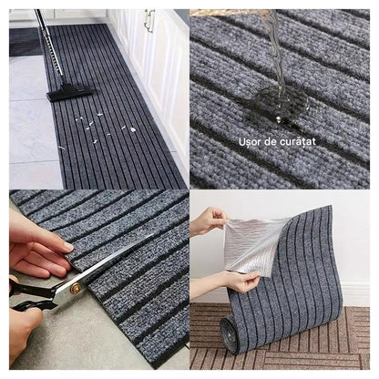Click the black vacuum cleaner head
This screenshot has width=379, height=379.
pos(71,92)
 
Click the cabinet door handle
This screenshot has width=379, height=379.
pos(149,20)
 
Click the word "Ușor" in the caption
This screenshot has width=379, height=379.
pos(249,142)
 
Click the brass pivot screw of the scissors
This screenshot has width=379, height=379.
pos(75,288)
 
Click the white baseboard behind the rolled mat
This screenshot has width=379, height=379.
pos(355,295)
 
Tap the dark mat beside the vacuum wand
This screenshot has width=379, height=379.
pos(25,41)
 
